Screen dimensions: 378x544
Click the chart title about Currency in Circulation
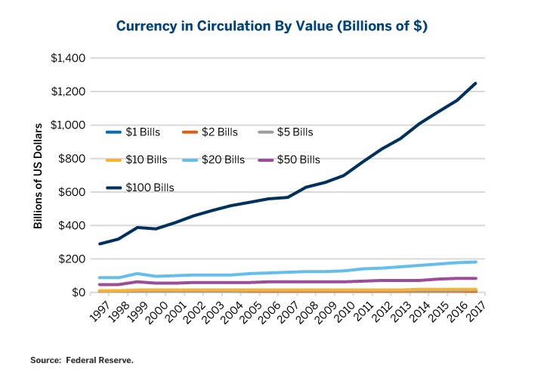coord(272,26)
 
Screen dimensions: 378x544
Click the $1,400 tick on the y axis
coord(69,58)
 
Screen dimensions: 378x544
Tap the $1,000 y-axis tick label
coord(69,125)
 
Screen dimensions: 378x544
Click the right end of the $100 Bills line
coord(475,83)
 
